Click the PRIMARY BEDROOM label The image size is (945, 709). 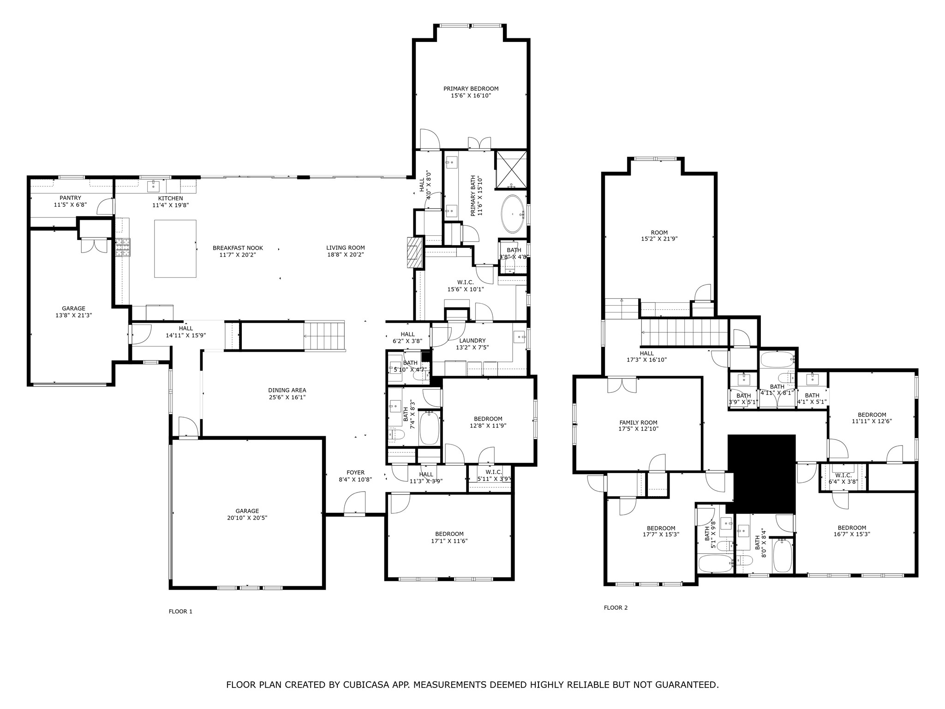471,89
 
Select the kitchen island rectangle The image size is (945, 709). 175,248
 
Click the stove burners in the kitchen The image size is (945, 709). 123,247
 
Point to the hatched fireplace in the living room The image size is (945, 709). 415,252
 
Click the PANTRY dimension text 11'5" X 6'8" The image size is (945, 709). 70,205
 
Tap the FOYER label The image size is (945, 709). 355,472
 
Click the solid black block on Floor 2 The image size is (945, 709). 761,473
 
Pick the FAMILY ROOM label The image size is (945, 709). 638,422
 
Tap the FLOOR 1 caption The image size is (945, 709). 180,612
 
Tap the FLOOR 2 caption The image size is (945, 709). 616,608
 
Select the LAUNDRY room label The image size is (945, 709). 472,341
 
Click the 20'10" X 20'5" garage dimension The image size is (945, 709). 247,518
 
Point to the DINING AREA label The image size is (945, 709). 287,390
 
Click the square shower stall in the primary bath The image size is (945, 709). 511,169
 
